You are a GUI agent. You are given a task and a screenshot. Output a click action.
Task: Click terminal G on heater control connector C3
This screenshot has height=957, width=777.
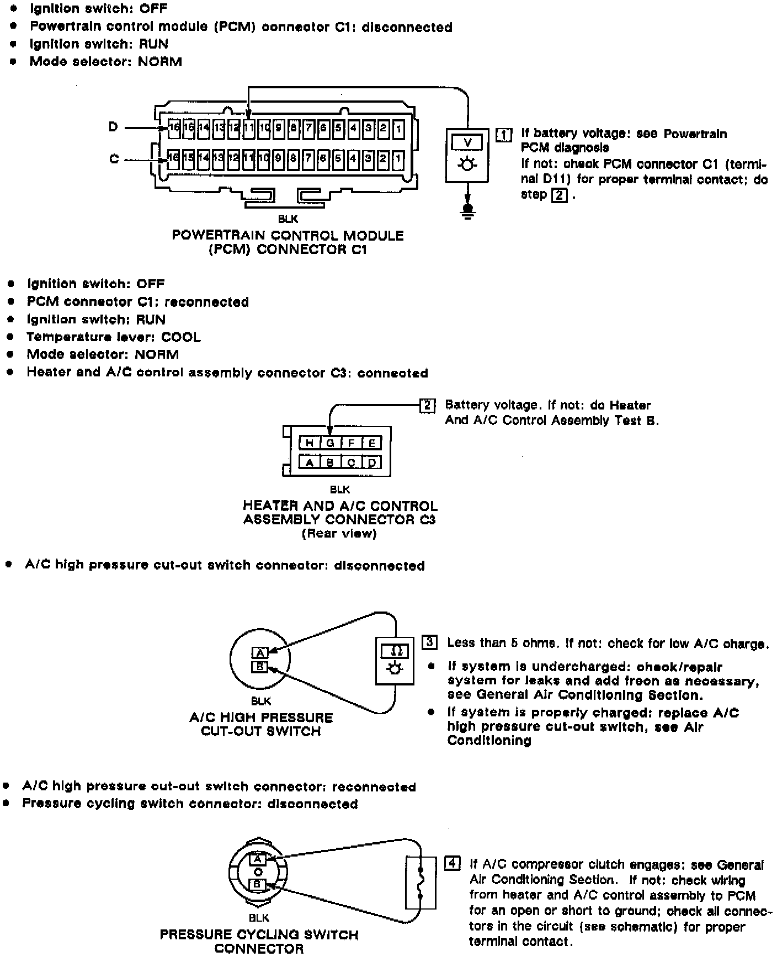point(330,443)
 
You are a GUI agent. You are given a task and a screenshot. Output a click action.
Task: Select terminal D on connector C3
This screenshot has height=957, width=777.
point(372,462)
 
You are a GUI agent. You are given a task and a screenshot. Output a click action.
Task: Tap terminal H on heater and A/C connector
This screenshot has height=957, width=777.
point(309,443)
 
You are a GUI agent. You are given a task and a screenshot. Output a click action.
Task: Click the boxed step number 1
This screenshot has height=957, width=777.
point(504,135)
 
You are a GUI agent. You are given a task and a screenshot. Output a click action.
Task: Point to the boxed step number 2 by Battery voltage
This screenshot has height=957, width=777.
point(428,406)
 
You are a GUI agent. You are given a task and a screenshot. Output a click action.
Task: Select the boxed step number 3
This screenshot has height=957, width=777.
point(430,642)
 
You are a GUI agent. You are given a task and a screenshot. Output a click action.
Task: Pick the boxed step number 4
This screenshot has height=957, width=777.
point(452,863)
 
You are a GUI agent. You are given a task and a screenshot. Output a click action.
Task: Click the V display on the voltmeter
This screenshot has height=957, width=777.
point(467,142)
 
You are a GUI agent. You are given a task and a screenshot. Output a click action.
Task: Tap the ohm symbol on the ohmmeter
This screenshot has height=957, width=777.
point(394,651)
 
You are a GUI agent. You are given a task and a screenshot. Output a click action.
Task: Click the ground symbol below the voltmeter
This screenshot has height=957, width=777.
point(468,211)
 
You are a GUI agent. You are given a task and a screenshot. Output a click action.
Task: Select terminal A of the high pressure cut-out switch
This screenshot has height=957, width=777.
point(259,652)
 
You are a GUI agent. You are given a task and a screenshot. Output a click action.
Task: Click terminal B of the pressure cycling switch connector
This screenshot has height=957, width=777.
point(257,884)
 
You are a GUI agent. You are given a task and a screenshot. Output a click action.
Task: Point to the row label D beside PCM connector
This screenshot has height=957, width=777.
point(113,127)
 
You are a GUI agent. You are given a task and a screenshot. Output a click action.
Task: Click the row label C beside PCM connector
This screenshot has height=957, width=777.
point(114,159)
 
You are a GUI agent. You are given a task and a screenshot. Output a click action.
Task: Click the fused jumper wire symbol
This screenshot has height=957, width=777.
point(421,882)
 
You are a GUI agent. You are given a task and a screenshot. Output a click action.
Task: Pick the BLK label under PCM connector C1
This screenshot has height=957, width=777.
point(288,220)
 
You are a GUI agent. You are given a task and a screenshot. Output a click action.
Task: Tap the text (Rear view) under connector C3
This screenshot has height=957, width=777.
point(339,534)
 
